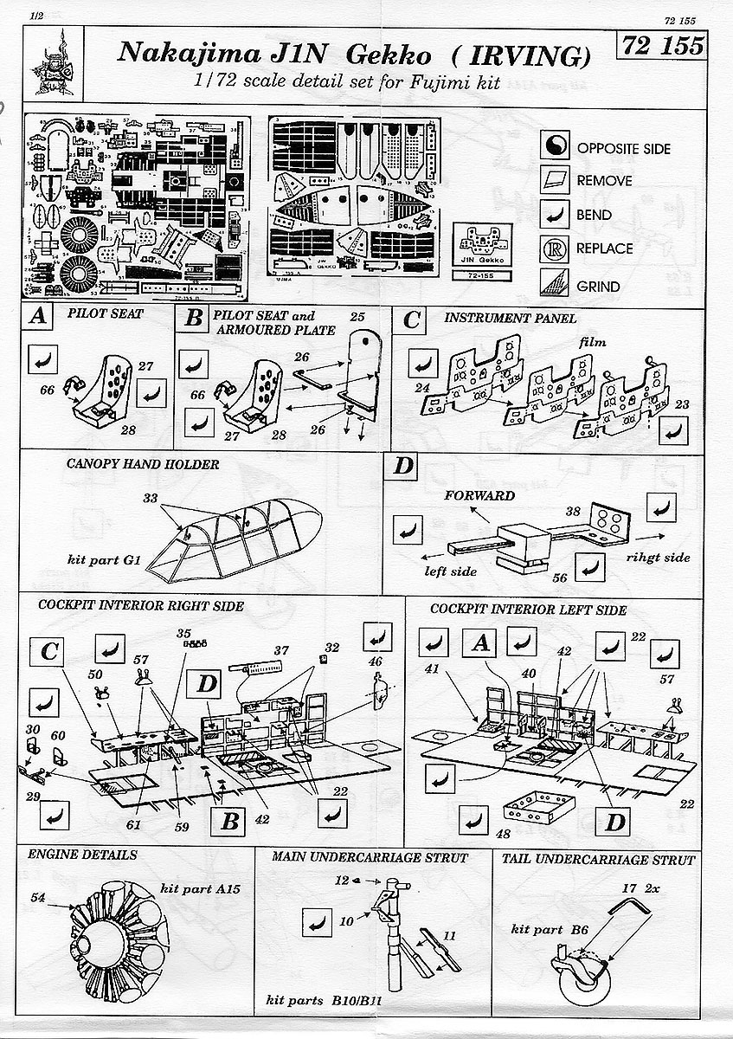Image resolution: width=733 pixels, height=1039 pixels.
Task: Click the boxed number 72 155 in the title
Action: (x=661, y=47)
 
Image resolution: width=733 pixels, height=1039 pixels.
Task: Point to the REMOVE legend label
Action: (x=604, y=182)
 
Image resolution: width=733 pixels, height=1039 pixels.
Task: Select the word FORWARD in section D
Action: (x=480, y=496)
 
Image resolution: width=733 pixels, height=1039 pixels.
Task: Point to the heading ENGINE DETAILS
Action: (x=82, y=855)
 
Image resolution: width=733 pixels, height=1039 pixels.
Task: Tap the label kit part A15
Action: (x=198, y=888)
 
